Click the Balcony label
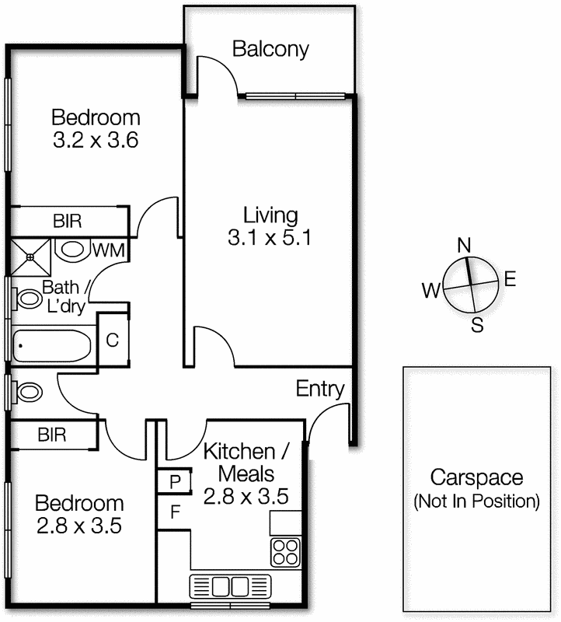pos(270,49)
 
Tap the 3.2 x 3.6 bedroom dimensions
pos(96,142)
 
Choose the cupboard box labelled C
pos(112,340)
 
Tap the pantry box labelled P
pos(175,481)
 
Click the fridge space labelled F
pos(175,512)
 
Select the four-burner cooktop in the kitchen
pos(285,551)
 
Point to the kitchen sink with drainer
pos(230,585)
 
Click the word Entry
pos(320,389)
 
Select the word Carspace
pos(476,477)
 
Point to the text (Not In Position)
pos(476,501)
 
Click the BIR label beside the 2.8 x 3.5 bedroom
pos(52,434)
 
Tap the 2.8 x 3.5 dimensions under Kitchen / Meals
pos(246,495)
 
